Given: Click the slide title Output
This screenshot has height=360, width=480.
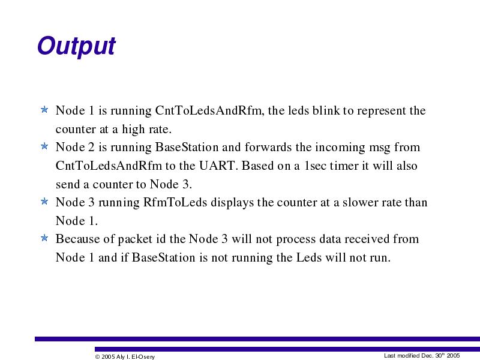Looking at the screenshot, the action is click(x=76, y=46).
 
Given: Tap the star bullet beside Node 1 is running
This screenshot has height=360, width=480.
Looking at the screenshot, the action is click(x=44, y=109).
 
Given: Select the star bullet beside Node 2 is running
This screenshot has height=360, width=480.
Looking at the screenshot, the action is click(x=44, y=146).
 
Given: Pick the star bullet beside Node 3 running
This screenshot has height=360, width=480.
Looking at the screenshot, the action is click(x=44, y=201).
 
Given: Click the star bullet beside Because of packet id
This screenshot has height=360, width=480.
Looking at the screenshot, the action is click(x=44, y=238).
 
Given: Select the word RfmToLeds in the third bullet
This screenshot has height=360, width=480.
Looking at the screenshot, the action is click(x=175, y=202).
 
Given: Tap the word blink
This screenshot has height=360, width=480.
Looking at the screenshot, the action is click(x=326, y=110).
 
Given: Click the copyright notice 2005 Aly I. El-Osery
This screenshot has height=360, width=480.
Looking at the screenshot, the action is click(x=125, y=356).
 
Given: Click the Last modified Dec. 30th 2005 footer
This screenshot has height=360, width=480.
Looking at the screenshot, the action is click(x=422, y=355).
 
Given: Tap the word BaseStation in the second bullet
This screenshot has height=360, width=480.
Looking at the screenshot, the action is click(x=187, y=147).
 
